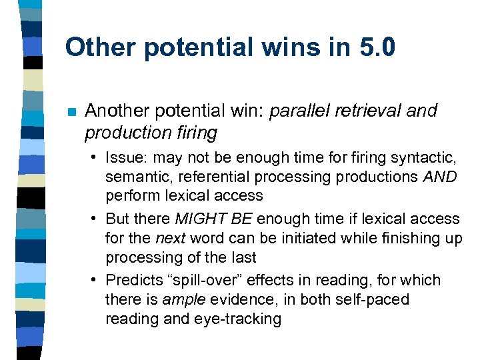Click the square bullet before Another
point(71,111)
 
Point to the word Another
point(115,111)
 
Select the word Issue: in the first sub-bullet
point(127,158)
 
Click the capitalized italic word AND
point(440,177)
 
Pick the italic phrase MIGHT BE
point(214,219)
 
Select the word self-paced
point(375,299)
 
